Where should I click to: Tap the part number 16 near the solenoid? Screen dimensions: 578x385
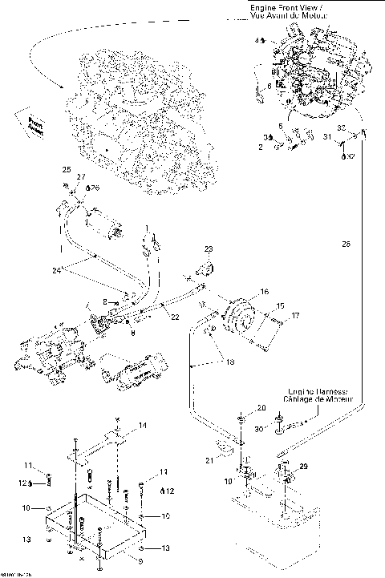click(264, 293)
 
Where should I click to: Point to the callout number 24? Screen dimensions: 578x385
click(56, 270)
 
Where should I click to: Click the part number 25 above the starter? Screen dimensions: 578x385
click(67, 169)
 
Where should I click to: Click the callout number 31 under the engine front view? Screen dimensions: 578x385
click(326, 137)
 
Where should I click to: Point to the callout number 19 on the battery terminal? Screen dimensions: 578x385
click(228, 480)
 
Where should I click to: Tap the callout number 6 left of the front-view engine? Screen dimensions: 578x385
click(269, 85)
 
